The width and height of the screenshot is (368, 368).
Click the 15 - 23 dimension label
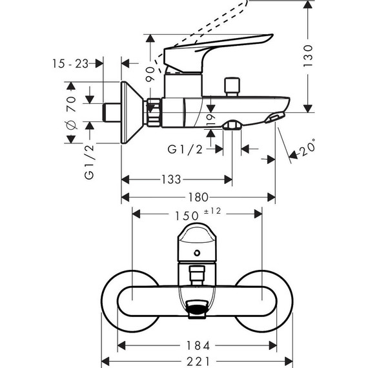click(69, 63)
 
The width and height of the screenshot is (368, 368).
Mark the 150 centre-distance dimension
click(186, 214)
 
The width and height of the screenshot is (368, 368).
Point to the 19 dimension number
click(210, 117)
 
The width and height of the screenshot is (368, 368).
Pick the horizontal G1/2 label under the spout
click(184, 150)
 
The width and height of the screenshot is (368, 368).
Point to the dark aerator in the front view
click(198, 309)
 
